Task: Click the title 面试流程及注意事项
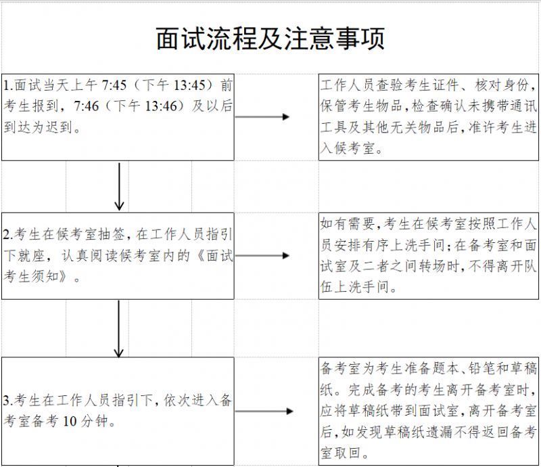point(270,39)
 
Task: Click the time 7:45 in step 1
point(114,85)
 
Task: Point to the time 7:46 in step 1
point(87,106)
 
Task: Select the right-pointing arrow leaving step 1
point(262,116)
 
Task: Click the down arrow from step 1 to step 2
point(119,187)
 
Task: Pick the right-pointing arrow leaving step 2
point(262,256)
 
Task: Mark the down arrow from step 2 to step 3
point(119,329)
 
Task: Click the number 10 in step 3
point(70,422)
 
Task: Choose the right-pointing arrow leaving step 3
point(264,411)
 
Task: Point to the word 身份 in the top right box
point(515,85)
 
